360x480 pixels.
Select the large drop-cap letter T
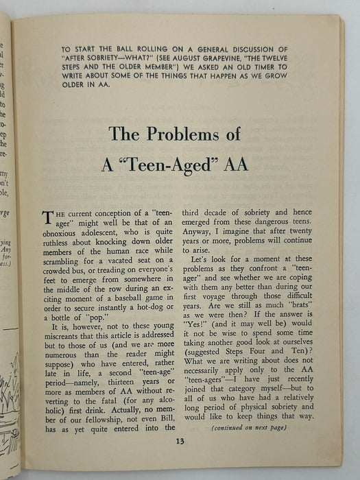(47, 218)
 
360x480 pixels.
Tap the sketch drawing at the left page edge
(10, 398)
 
